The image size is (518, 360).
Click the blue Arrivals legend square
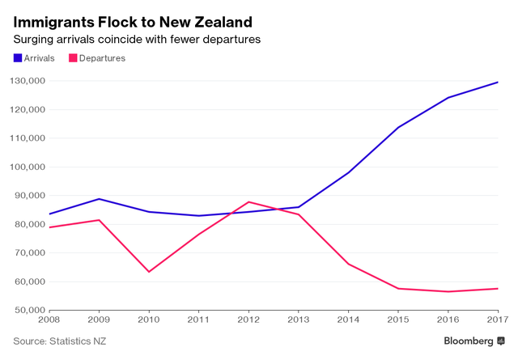(x=18, y=58)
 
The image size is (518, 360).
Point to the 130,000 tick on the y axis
(x=27, y=81)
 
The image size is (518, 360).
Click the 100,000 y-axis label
(x=27, y=167)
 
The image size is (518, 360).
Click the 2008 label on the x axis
(x=50, y=321)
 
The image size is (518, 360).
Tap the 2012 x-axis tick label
(x=248, y=321)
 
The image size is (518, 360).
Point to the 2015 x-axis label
(x=397, y=321)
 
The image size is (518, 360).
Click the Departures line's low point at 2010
(x=149, y=272)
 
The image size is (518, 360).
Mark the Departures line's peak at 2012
(x=248, y=201)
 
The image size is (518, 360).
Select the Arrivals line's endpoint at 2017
(x=497, y=82)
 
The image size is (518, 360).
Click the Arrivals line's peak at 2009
(x=100, y=199)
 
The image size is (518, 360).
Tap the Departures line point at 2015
(x=397, y=288)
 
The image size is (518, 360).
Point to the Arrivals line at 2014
(x=348, y=172)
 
